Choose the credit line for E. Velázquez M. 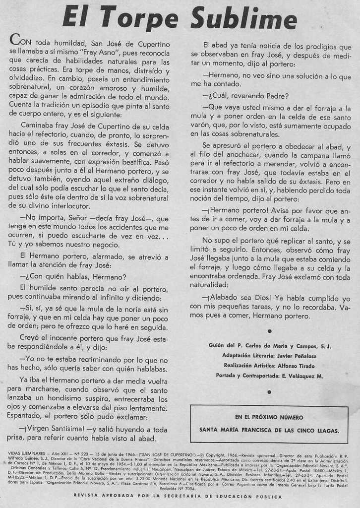pyautogui.click(x=269, y=376)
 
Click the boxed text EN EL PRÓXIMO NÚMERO pyautogui.click(x=269, y=417)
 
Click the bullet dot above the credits pyautogui.click(x=269, y=330)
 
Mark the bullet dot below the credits pyautogui.click(x=269, y=392)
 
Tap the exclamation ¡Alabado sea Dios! pyautogui.click(x=235, y=297)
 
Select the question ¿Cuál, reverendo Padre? pyautogui.click(x=245, y=96)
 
